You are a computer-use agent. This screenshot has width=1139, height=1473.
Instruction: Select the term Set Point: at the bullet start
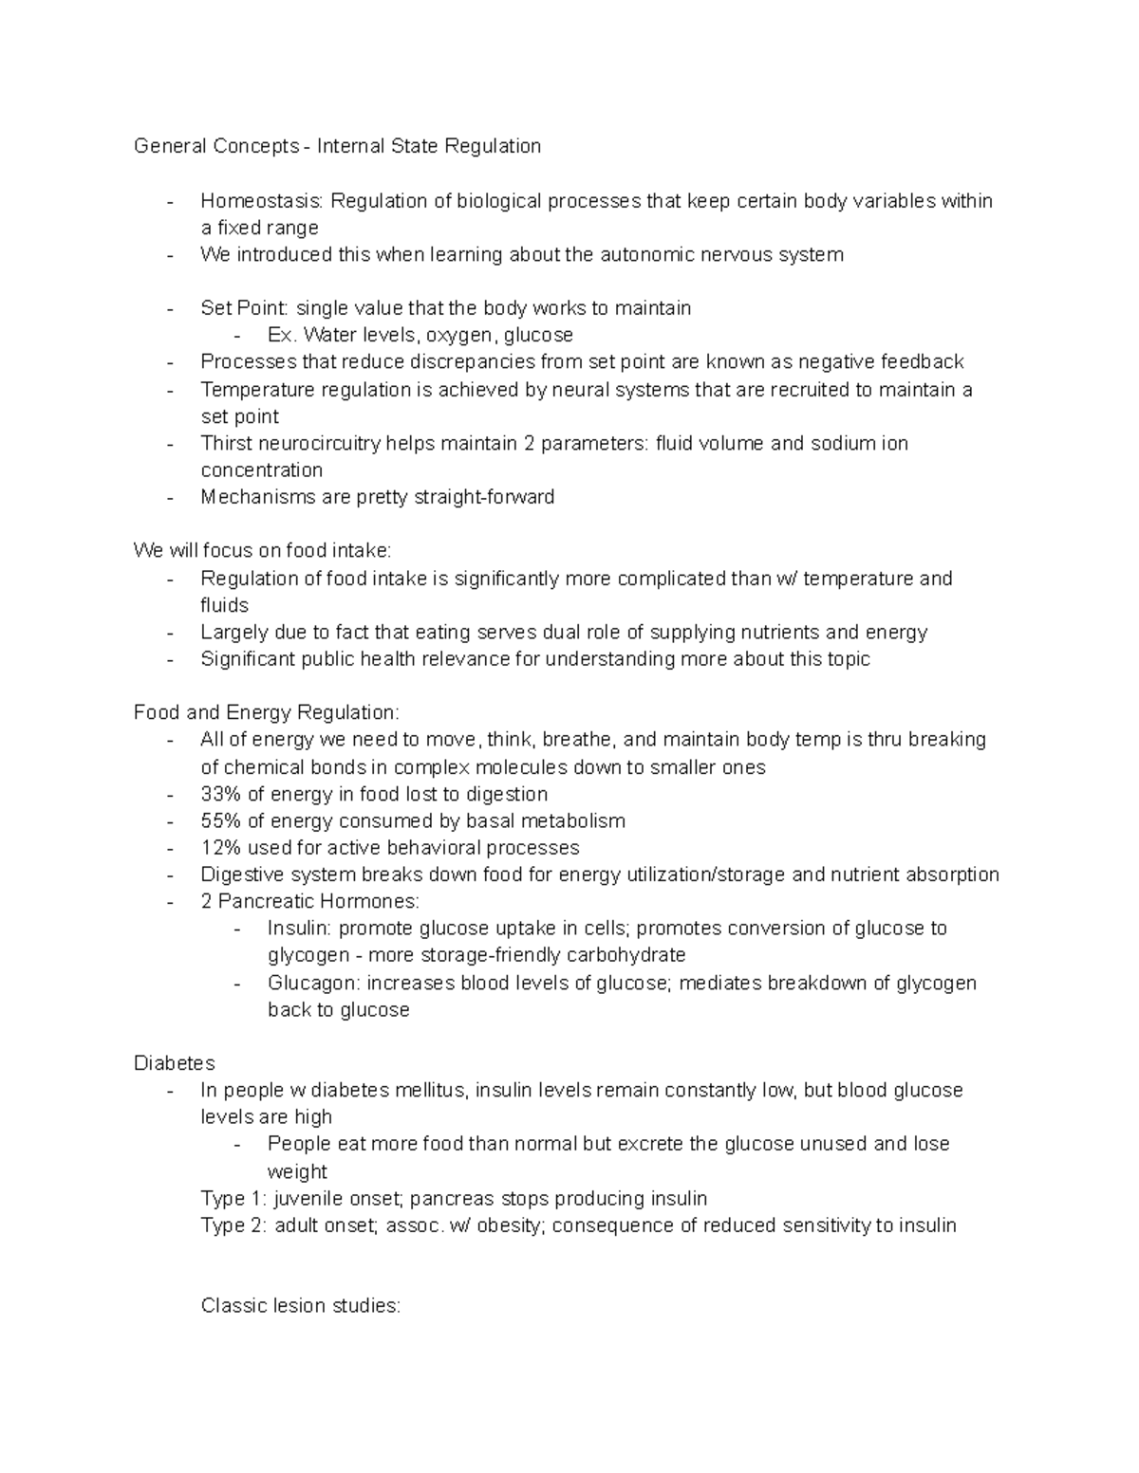[x=246, y=308]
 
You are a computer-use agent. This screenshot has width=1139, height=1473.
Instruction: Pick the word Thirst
[x=227, y=443]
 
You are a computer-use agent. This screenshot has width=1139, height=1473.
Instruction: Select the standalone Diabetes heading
[x=175, y=1063]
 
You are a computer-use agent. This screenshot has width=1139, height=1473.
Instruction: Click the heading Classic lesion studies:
[x=301, y=1306]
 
